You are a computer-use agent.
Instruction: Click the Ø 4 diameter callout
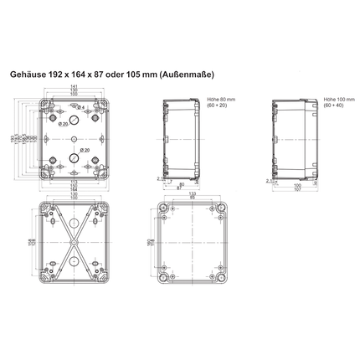(x=81, y=106)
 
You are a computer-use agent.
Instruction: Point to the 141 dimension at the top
(x=73, y=86)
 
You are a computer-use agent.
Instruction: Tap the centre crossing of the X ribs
(x=74, y=244)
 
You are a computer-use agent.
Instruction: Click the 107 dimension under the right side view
(x=297, y=189)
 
